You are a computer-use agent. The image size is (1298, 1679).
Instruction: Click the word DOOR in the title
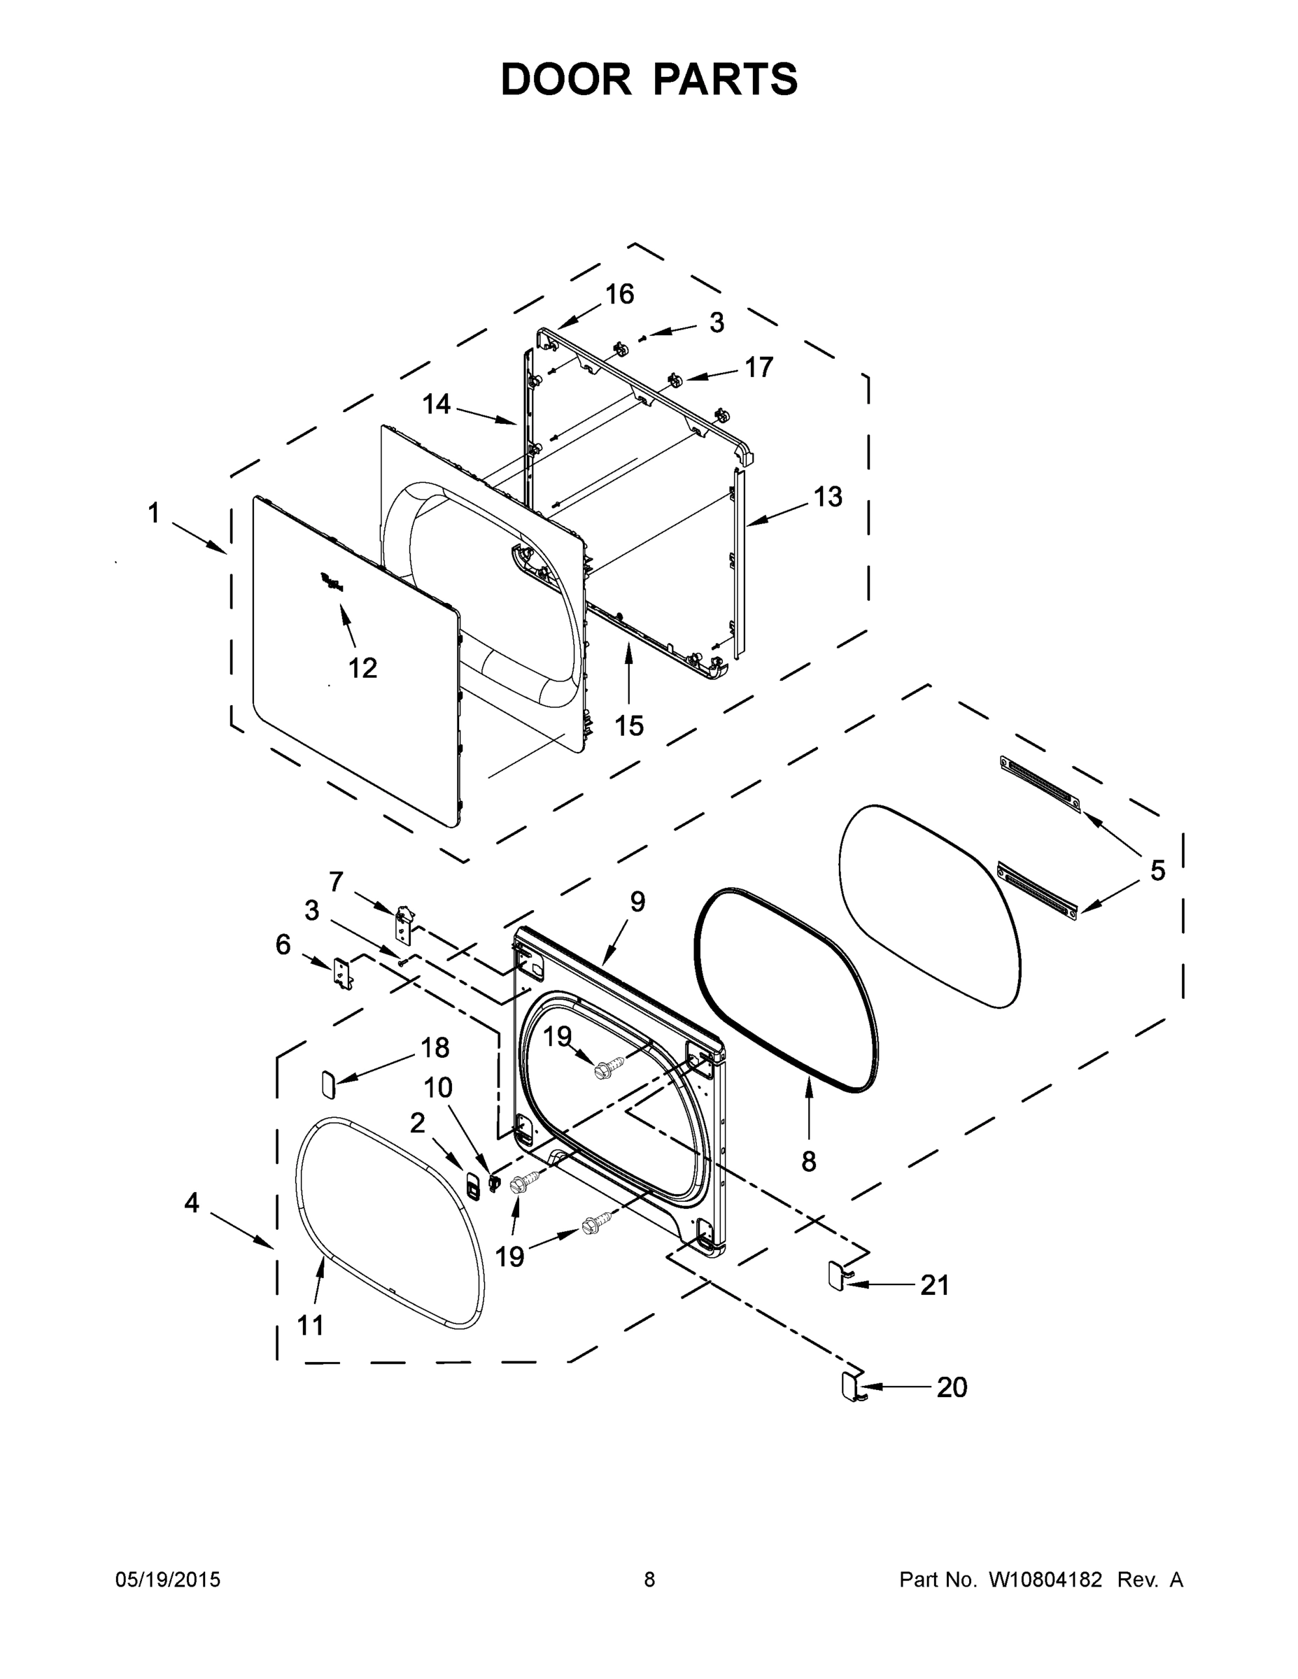pyautogui.click(x=566, y=79)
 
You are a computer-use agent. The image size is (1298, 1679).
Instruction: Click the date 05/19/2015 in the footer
pyautogui.click(x=168, y=1580)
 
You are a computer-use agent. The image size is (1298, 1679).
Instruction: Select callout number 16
pyautogui.click(x=619, y=294)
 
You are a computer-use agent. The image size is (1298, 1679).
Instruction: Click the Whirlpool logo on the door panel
pyautogui.click(x=332, y=582)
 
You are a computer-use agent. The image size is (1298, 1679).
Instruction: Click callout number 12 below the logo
pyautogui.click(x=363, y=668)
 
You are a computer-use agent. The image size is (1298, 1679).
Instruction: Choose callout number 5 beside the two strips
pyautogui.click(x=1157, y=870)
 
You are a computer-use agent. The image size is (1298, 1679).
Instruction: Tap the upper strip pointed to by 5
pyautogui.click(x=1040, y=784)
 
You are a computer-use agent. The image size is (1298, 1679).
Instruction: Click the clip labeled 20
pyautogui.click(x=849, y=1385)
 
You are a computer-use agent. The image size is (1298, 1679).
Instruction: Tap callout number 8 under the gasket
pyautogui.click(x=808, y=1161)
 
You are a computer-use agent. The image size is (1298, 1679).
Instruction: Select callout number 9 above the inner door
pyautogui.click(x=637, y=901)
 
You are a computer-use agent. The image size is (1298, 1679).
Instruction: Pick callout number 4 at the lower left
pyautogui.click(x=192, y=1202)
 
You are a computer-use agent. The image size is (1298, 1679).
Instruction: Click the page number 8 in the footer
pyautogui.click(x=649, y=1580)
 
